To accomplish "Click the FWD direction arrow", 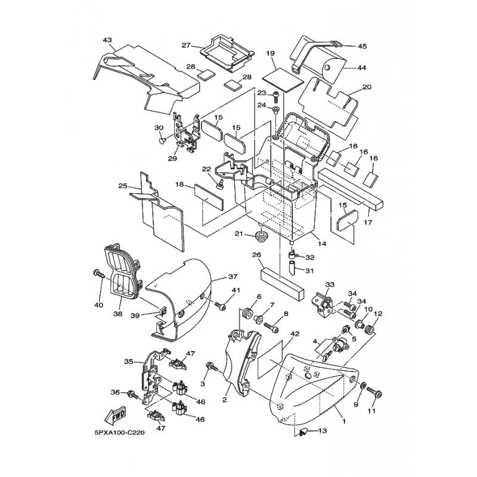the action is tap(114, 415).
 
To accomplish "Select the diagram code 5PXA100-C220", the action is tap(120, 433).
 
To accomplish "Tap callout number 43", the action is tap(107, 40).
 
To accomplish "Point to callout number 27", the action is tap(186, 46).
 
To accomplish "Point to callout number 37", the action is tap(233, 277).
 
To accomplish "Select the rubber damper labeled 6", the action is tap(248, 313).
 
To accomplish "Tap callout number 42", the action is tap(295, 334).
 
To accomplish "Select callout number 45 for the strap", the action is tap(363, 47).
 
